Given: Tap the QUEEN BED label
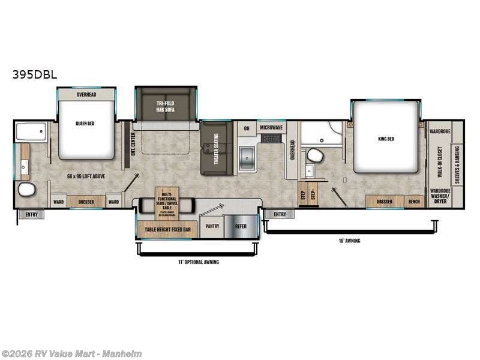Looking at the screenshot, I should (86, 124).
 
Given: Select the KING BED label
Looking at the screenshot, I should (386, 139).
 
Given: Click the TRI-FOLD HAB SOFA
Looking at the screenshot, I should (165, 106).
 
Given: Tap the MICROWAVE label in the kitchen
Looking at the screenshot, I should (272, 128).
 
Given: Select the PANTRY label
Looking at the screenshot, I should (212, 226).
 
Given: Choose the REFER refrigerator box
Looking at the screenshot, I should (241, 226).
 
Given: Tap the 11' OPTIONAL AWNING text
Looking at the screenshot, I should (198, 262).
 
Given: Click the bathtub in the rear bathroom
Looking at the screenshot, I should (31, 132).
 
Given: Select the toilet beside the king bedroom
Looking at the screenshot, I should (315, 156).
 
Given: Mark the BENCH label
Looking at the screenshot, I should (415, 202).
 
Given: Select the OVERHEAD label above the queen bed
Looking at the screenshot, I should (86, 95).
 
